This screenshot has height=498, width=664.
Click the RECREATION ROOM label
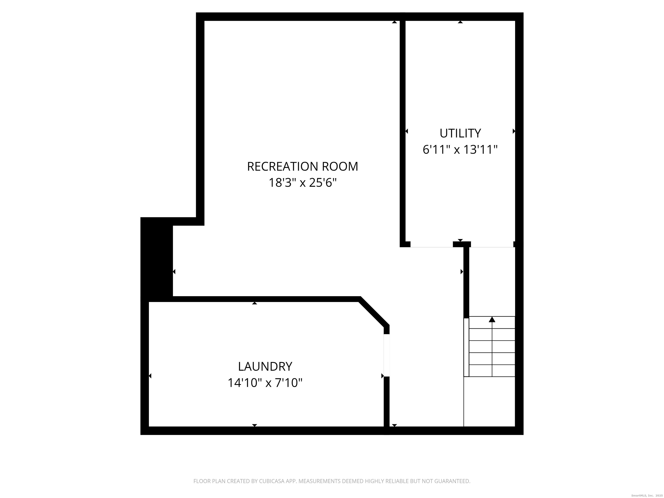click(x=302, y=167)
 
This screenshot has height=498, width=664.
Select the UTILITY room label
click(x=460, y=133)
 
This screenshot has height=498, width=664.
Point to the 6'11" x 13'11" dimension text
click(x=460, y=150)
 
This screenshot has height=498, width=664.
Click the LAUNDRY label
click(x=265, y=367)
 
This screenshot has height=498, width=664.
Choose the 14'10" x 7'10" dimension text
click(x=265, y=383)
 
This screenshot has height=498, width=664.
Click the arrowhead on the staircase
click(x=492, y=319)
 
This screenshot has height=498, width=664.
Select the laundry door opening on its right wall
click(x=387, y=355)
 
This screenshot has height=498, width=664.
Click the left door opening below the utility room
click(x=431, y=247)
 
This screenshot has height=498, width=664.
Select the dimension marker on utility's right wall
click(x=514, y=131)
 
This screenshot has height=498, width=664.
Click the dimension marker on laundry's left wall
click(x=150, y=376)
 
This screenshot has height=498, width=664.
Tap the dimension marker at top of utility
click(x=460, y=22)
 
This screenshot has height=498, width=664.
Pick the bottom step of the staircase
click(x=492, y=371)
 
